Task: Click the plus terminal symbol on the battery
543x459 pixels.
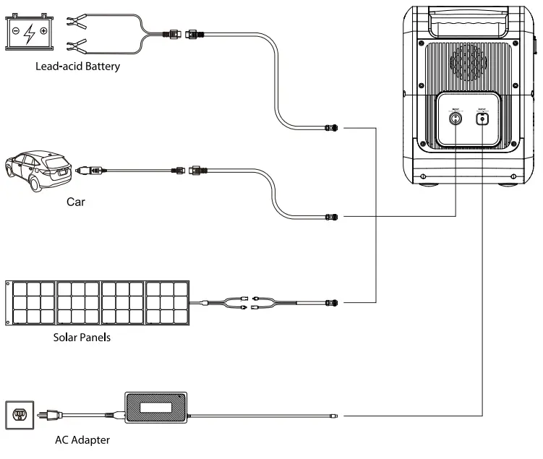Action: (43, 31)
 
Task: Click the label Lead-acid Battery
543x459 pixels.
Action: (76, 67)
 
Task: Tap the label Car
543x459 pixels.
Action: (75, 202)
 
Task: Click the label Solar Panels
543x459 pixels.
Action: (82, 337)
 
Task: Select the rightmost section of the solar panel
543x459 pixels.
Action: (168, 301)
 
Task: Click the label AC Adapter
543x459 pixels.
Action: (82, 439)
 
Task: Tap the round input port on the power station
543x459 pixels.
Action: (456, 117)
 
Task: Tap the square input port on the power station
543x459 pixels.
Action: (482, 118)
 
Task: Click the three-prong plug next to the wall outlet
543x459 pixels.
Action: (49, 415)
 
